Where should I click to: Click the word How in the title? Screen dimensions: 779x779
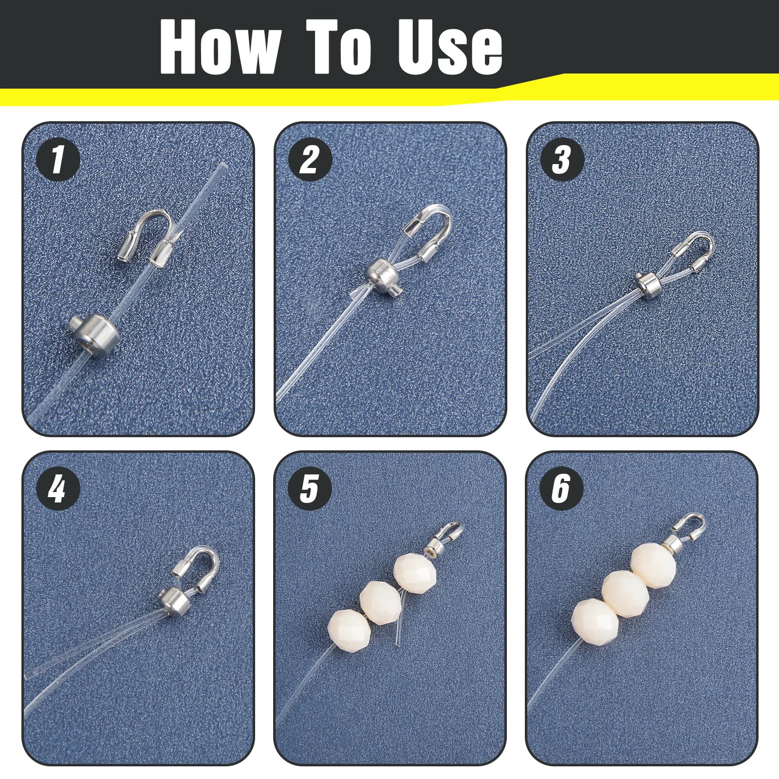(220, 48)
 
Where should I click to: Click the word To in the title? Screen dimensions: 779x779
(339, 48)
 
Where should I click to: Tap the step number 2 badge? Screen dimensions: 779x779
(310, 159)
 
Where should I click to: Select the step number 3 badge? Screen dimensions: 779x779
(562, 159)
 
